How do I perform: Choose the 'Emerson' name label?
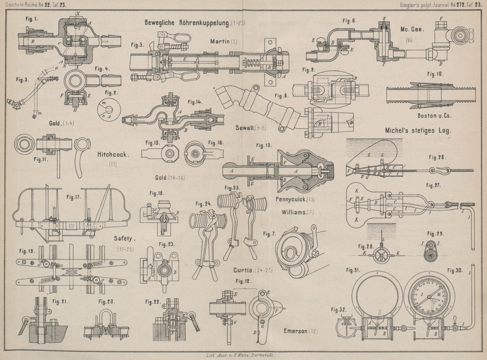pos(299,331)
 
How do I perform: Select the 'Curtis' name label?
pos(246,269)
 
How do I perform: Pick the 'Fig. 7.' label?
pos(269,233)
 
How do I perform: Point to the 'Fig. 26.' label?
pos(436,158)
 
